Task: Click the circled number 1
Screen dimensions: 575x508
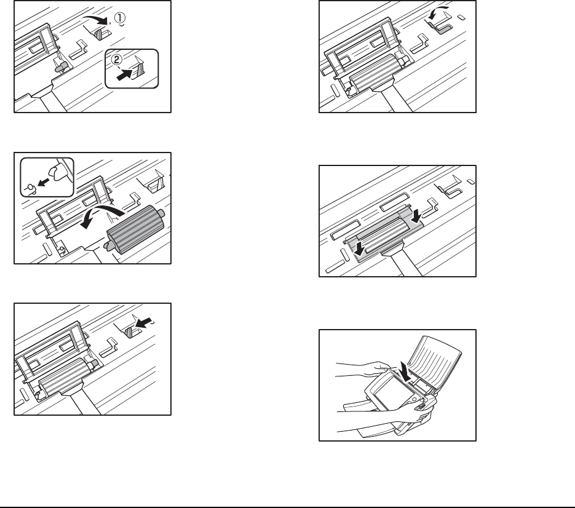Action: click(x=120, y=18)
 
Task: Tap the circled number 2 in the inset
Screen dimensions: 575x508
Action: click(x=116, y=60)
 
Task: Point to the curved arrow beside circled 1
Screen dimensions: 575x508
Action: click(x=95, y=19)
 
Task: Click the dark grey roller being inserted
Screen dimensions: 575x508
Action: click(x=135, y=229)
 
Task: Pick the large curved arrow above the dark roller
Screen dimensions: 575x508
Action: click(x=101, y=215)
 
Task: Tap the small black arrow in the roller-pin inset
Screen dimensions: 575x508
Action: click(x=43, y=182)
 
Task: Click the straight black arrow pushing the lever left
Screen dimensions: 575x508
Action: click(x=143, y=323)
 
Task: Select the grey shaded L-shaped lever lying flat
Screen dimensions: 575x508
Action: click(x=442, y=27)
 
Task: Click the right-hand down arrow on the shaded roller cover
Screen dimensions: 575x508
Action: click(x=416, y=216)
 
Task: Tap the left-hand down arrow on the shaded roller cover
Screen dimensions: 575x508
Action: click(x=359, y=248)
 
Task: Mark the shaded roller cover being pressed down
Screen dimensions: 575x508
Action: click(x=384, y=236)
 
